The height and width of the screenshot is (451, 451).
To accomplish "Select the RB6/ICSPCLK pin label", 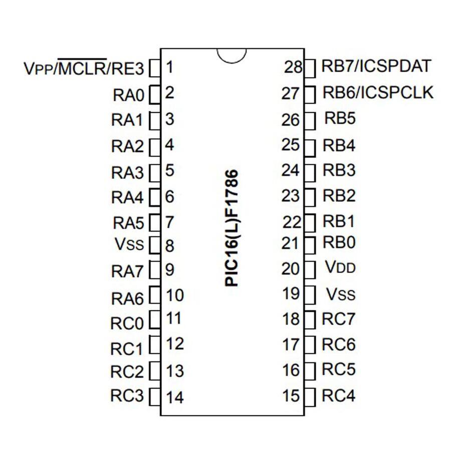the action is [378, 92].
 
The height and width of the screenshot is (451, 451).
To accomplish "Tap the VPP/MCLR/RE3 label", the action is [84, 67].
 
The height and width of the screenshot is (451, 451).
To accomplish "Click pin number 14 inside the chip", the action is [175, 397].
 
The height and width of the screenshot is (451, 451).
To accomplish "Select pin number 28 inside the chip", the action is [293, 67].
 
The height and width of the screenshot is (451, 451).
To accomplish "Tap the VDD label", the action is [341, 267].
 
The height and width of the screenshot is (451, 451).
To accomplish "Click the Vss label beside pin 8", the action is [129, 244].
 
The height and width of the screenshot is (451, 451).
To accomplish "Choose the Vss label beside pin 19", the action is [341, 294].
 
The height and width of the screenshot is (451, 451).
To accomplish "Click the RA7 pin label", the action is [127, 271].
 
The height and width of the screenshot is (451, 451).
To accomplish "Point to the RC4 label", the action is [339, 395].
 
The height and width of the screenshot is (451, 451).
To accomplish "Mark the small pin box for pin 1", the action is [155, 68].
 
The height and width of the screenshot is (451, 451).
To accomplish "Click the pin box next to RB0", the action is [310, 245].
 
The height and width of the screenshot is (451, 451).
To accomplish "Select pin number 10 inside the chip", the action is [175, 295].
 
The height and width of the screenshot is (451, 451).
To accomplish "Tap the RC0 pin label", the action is [127, 323].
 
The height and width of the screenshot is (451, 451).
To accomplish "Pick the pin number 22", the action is [292, 222].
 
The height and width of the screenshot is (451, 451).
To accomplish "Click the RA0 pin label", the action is [128, 96].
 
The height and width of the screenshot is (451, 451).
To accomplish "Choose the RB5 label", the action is [340, 118].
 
